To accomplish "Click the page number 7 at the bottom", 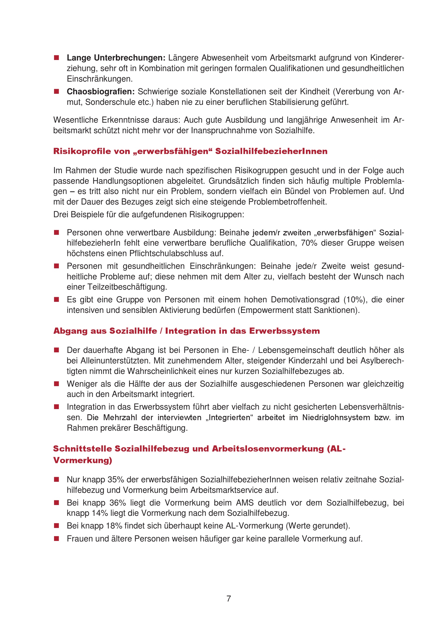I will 229,598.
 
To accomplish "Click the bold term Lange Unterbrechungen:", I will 116,58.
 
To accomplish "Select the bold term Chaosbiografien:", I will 101,91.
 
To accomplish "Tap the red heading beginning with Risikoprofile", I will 190,151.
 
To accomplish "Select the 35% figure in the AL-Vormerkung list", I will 116,480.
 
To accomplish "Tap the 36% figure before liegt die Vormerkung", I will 118,503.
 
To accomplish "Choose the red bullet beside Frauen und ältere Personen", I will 57,539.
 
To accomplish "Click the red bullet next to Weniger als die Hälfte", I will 57,384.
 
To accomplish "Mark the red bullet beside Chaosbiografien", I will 57,91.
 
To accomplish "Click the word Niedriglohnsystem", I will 336,417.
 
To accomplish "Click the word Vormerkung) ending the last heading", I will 83,460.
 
